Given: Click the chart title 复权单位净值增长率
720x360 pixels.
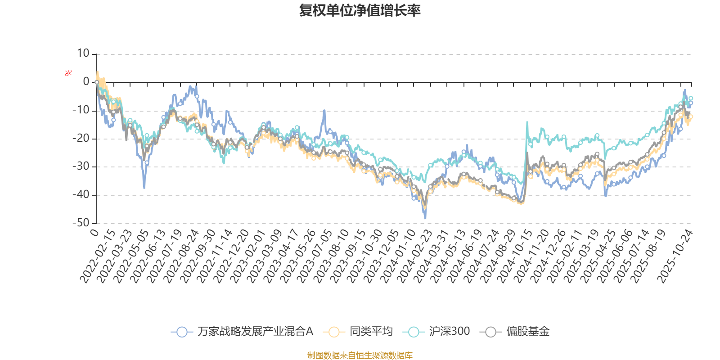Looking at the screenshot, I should (360, 10).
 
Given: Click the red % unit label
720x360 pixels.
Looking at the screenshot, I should (68, 73).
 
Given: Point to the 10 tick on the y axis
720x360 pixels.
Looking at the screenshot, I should (83, 54).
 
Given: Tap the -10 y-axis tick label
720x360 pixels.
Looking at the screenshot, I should (81, 110).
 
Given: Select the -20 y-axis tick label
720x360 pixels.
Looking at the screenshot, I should (81, 138).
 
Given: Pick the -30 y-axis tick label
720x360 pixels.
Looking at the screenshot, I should (81, 166).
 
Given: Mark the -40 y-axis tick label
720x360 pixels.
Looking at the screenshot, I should (81, 195).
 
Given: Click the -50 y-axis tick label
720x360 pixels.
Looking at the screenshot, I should (81, 223).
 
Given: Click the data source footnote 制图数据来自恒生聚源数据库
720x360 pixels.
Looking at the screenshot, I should (360, 355).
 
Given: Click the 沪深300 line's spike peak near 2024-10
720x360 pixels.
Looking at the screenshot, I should (527, 121).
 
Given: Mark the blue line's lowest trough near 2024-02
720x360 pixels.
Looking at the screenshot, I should (425, 219).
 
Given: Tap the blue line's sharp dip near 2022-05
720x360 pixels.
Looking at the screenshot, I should (144, 188).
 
